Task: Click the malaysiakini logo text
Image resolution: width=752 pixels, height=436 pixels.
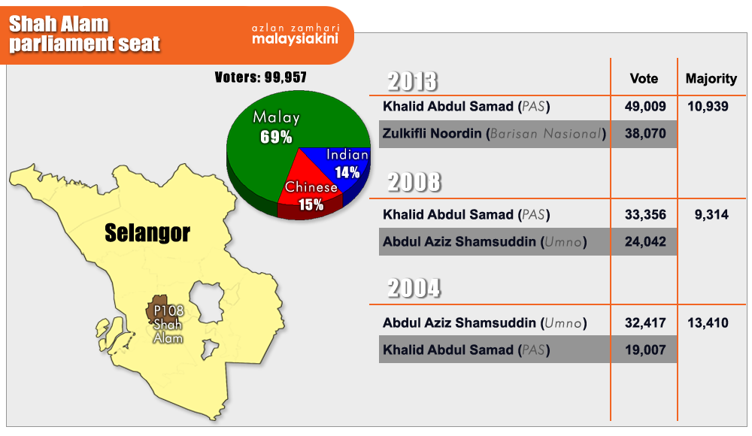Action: tap(296, 38)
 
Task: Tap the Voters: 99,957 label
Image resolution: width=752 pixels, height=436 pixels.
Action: tap(260, 77)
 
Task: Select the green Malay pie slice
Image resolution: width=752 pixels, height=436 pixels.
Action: tap(268, 139)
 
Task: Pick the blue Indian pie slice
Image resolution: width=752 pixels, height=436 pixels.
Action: tap(346, 165)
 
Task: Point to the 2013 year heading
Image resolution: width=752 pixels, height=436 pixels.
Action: tap(412, 81)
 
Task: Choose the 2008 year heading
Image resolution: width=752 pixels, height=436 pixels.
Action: tap(414, 182)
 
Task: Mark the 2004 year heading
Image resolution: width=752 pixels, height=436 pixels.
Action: tap(414, 288)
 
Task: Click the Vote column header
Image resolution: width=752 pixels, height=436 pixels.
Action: tap(644, 78)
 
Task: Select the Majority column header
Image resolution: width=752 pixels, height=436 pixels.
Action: tap(711, 79)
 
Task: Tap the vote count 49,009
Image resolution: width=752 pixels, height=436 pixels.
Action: tap(645, 107)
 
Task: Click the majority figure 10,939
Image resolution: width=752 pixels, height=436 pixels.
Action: tap(708, 107)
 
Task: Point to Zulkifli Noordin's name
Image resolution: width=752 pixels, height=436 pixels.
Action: tap(432, 133)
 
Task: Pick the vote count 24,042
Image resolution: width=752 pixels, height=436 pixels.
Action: tap(645, 241)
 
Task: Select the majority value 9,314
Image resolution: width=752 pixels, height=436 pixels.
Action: tap(711, 214)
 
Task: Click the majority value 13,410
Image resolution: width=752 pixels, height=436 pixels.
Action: tap(708, 322)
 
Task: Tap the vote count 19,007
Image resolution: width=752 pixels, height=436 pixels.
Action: tap(645, 350)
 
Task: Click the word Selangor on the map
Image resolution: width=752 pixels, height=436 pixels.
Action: tap(147, 233)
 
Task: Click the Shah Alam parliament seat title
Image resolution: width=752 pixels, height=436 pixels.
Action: tap(84, 34)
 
